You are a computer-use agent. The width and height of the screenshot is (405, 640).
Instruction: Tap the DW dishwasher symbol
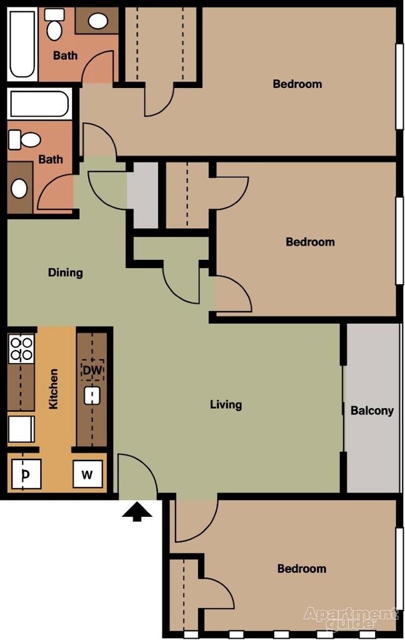92,370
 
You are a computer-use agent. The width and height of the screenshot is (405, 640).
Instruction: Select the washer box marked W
87,474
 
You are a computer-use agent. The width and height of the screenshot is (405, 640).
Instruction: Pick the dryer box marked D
26,474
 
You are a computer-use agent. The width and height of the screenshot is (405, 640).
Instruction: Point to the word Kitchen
54,389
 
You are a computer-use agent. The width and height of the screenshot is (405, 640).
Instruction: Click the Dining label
66,272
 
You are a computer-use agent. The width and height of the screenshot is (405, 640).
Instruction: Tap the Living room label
226,404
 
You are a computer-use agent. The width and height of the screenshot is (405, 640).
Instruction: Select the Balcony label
372,411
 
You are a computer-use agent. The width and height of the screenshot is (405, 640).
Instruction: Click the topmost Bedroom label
297,84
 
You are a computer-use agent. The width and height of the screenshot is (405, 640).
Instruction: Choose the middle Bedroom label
310,242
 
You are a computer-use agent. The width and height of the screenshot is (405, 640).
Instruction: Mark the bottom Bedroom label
302,569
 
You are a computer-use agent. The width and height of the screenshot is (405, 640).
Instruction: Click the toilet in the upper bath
54,25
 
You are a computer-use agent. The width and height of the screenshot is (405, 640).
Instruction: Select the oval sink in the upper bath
97,21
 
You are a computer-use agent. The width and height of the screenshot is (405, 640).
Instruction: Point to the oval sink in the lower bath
20,188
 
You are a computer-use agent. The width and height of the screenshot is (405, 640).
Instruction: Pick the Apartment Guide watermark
350,617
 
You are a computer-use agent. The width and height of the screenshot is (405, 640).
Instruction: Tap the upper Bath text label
65,55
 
